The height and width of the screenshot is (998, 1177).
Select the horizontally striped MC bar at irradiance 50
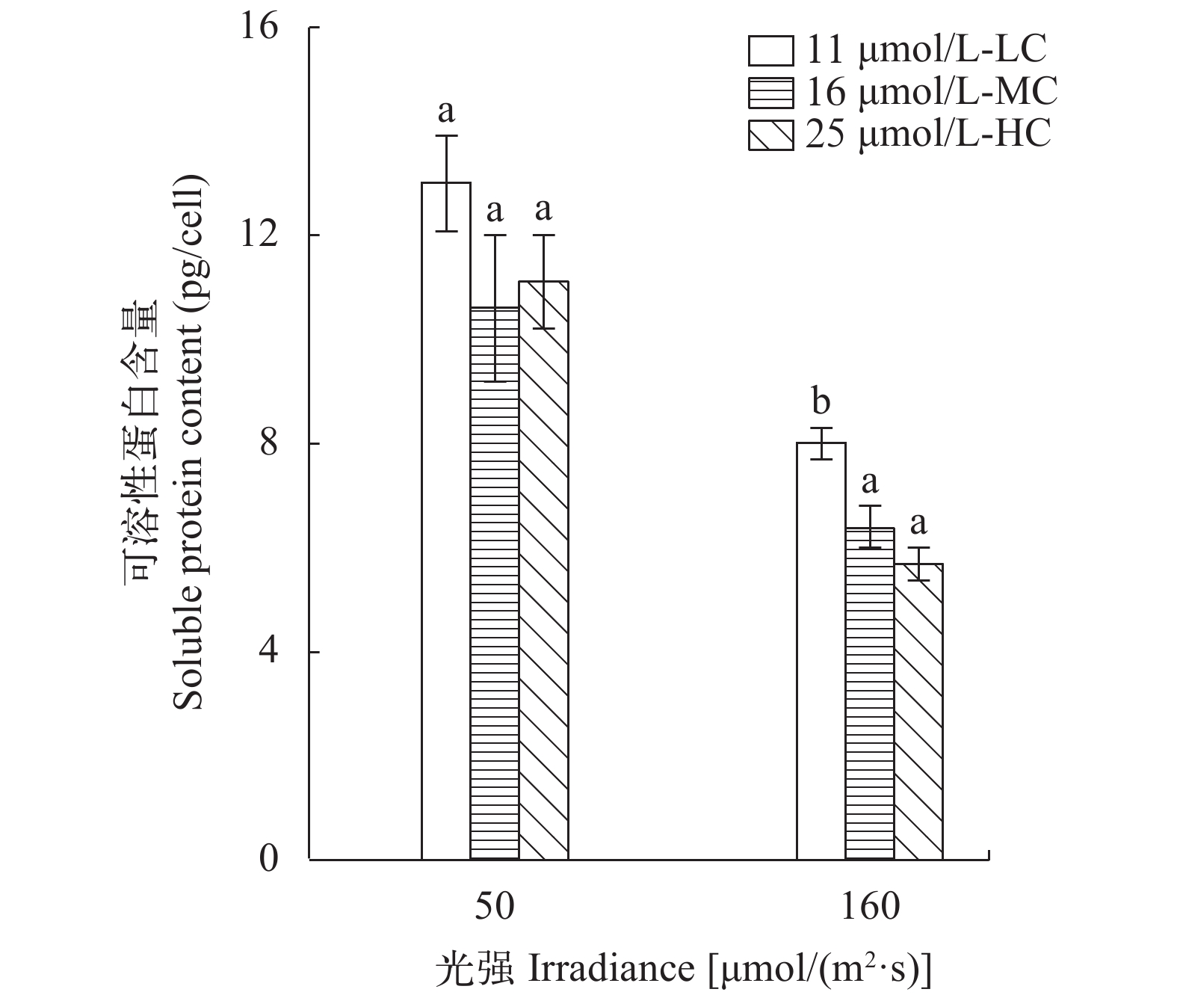[495, 583]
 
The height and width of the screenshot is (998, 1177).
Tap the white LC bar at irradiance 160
[821, 651]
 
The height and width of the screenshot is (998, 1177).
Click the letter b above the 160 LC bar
[821, 402]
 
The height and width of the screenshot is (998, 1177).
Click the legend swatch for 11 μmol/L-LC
[770, 51]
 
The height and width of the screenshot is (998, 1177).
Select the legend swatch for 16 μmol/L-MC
[770, 93]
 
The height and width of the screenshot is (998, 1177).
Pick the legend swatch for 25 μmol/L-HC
[770, 136]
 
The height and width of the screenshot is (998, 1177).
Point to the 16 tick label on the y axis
[257, 28]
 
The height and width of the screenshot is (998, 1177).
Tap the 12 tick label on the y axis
[257, 235]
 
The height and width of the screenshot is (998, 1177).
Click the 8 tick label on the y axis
[268, 443]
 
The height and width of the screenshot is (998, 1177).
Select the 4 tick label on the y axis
[268, 652]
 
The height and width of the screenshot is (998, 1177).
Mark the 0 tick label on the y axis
[268, 860]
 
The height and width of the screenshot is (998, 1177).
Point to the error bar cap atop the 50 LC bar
[446, 136]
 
